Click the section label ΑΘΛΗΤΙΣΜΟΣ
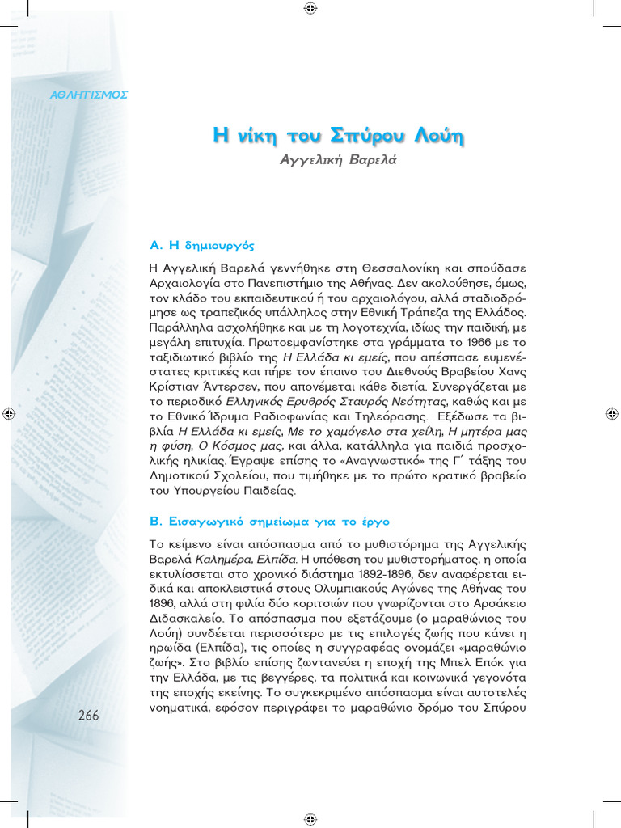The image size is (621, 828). click(x=89, y=95)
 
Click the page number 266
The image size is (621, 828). click(x=89, y=715)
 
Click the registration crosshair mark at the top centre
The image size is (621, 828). click(x=310, y=9)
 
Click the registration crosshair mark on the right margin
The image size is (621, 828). click(x=611, y=414)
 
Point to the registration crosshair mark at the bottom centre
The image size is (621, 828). click(x=310, y=818)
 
